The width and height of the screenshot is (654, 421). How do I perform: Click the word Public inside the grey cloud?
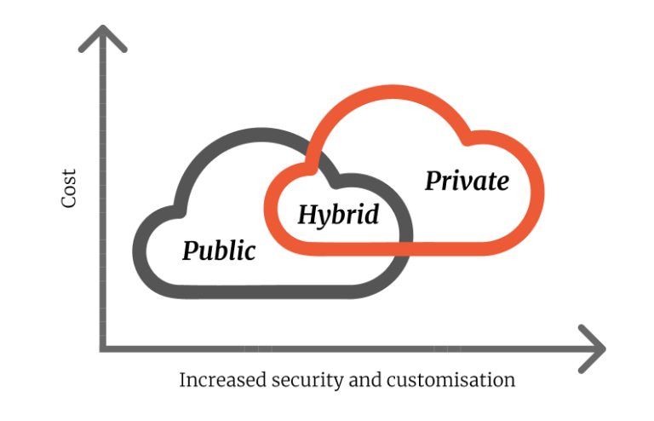(x=219, y=251)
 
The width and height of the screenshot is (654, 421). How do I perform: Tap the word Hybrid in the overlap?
(x=337, y=214)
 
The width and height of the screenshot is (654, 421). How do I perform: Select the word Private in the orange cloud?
(x=467, y=181)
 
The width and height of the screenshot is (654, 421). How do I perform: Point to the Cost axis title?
(x=69, y=189)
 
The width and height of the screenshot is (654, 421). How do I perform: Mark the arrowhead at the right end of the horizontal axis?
(x=595, y=348)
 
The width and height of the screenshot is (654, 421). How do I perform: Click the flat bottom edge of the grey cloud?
(x=272, y=291)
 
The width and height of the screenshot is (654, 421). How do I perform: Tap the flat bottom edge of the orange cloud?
(x=409, y=247)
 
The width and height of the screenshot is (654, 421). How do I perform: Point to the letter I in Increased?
(x=182, y=379)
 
